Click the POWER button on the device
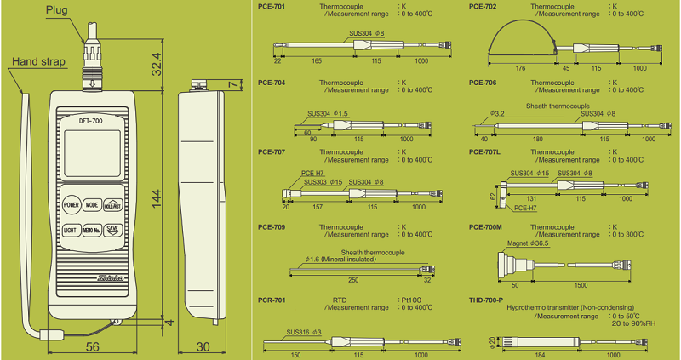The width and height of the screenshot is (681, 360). [71, 205]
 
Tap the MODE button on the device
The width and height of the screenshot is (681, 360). [92, 205]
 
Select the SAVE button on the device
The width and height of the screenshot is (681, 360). [112, 230]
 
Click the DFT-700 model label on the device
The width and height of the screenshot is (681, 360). [91, 121]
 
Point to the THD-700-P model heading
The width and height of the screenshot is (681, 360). [488, 300]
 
